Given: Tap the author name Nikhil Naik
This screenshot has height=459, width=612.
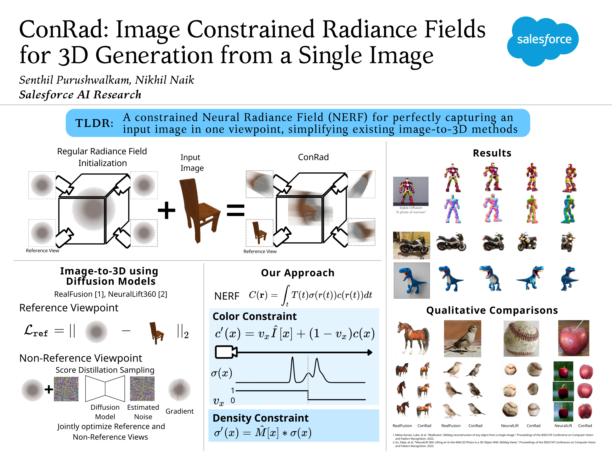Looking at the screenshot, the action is click(x=165, y=80).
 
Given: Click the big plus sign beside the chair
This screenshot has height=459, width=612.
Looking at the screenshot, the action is click(x=167, y=210).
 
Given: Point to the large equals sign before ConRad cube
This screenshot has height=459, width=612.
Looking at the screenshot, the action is click(x=236, y=210).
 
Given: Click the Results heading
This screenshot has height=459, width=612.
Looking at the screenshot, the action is click(x=492, y=153).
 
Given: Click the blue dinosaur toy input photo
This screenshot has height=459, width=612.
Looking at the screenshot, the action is click(x=412, y=280).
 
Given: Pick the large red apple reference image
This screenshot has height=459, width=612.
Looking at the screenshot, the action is click(x=574, y=338).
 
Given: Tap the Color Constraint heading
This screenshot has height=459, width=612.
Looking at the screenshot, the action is click(x=255, y=316).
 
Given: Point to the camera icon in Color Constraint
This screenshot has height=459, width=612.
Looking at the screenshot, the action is click(x=226, y=352).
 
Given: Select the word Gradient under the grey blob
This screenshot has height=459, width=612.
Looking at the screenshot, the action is click(x=180, y=411).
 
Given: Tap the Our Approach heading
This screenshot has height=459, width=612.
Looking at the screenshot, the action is click(x=298, y=273).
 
